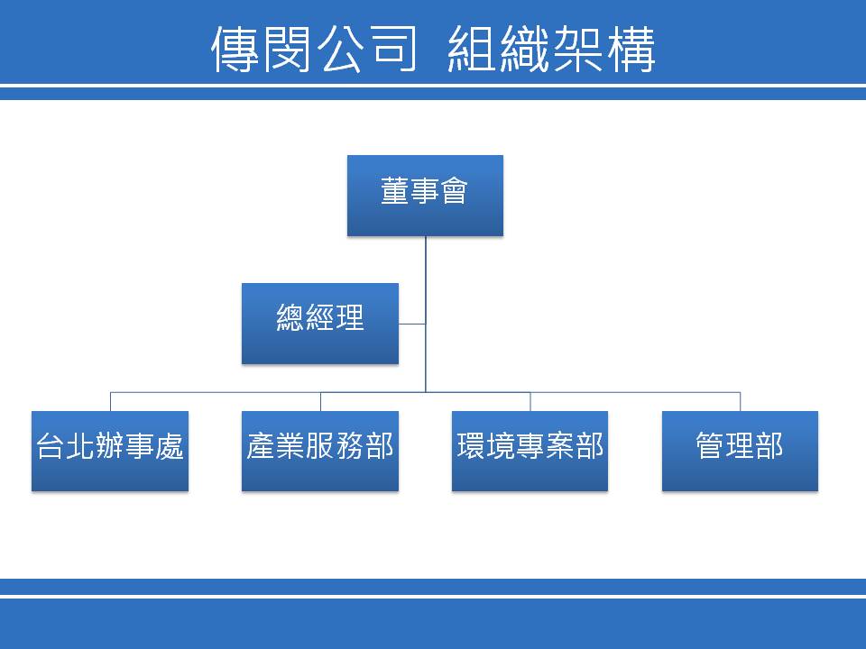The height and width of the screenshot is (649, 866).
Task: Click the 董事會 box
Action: pos(425,196)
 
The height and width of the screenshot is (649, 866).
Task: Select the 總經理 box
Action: pos(320,324)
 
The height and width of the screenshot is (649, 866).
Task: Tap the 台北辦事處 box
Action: pos(110,451)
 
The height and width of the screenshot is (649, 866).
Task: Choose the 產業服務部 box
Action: pos(320,451)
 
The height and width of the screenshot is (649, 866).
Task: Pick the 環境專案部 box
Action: pos(530,451)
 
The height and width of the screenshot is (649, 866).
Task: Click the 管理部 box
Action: pos(740,451)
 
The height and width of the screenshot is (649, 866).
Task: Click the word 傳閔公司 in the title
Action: pos(314,49)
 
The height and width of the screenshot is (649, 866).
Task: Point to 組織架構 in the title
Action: pos(551,49)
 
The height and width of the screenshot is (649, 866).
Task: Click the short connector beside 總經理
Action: pos(412,324)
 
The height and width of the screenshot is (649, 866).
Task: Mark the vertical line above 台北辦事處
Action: pos(110,402)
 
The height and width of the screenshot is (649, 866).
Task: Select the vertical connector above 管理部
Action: pos(740,402)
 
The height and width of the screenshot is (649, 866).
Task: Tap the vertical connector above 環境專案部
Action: pos(530,402)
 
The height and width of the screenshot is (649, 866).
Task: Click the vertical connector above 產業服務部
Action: pos(320,402)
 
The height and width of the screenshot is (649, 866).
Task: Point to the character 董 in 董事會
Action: pos(395,190)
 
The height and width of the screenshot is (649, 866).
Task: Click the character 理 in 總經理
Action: pos(350,317)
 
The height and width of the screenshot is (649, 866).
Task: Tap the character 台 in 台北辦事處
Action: pos(51,445)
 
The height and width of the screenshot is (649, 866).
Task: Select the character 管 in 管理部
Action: pos(710,445)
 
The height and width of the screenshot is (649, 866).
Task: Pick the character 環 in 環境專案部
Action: pos(471,445)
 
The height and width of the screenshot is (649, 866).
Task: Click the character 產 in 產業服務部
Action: pos(261,445)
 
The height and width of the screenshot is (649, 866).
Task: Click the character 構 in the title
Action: pos(631,49)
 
